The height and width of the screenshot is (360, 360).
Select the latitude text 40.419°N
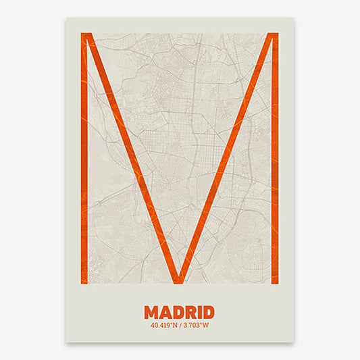pos(164,324)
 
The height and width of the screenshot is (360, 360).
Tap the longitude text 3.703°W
pos(196,324)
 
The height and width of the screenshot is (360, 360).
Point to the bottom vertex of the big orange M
pos(179,280)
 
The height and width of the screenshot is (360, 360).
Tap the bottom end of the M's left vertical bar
pos(84,282)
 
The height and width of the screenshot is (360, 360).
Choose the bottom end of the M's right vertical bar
pos(274,282)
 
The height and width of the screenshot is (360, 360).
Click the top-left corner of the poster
pos(66,18)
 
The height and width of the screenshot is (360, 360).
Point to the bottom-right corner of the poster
pos(293,342)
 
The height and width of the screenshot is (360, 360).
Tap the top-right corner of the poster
pos(293,18)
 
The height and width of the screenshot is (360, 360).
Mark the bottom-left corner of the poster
pos(66,342)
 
